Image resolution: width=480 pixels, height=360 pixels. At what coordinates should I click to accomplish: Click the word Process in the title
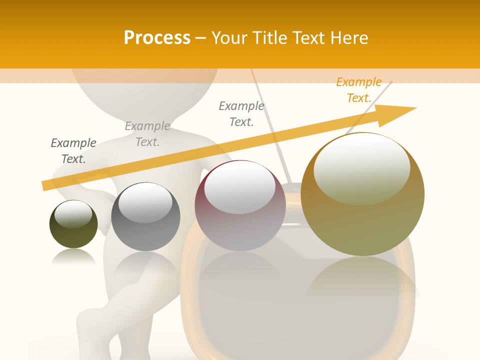pos(157,38)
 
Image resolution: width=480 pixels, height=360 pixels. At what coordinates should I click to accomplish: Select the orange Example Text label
pos(359,90)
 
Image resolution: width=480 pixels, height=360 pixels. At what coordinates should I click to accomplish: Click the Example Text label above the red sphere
pos(241,114)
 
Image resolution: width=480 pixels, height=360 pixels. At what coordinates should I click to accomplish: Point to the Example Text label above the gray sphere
pos(147,134)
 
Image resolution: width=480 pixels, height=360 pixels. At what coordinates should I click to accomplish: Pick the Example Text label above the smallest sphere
pos(73,151)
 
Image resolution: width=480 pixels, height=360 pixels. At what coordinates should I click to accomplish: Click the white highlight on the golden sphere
pos(361,167)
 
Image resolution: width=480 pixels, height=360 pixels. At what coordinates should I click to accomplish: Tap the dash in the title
pos(201,38)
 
